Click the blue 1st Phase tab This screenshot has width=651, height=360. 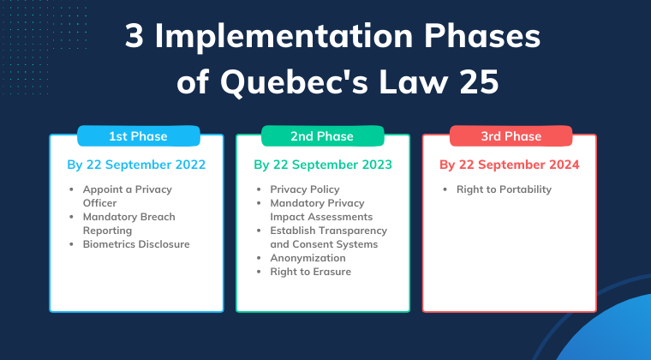[137, 136]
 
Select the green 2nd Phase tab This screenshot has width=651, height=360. [322, 136]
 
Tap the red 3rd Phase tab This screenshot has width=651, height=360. [510, 136]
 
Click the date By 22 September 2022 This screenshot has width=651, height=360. [137, 165]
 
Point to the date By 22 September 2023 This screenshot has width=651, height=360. [323, 165]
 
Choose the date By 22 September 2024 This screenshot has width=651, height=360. [510, 165]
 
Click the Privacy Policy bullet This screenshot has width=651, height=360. [305, 189]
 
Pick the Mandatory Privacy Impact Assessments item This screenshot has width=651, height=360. [318, 210]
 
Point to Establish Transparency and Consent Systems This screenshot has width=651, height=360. [329, 237]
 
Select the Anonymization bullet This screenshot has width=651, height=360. [308, 258]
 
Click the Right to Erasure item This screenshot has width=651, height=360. [310, 272]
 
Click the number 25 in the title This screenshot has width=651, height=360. [475, 84]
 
